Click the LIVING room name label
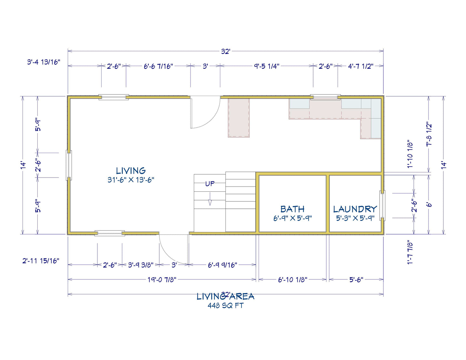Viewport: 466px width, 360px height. [131, 171]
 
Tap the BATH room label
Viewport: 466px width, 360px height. [292, 209]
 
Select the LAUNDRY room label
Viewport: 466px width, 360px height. [355, 209]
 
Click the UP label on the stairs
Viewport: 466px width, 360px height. [210, 184]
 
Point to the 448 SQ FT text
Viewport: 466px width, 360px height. [226, 306]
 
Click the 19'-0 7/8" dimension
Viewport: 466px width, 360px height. [162, 280]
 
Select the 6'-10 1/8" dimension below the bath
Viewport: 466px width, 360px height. [292, 280]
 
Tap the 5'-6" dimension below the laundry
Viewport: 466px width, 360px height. [356, 280]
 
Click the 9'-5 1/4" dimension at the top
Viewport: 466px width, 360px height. [267, 66]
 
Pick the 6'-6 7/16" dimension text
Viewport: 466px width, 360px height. [158, 66]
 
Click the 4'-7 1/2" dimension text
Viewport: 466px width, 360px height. [361, 66]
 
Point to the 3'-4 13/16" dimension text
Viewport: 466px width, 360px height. [44, 62]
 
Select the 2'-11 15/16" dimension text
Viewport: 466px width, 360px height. [41, 261]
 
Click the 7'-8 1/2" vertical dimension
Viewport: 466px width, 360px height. [429, 135]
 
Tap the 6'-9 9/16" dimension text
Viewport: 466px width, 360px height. [223, 265]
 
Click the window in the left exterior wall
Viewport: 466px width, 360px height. [69, 165]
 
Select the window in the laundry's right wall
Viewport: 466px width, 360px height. [382, 206]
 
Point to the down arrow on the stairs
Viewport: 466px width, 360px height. [210, 199]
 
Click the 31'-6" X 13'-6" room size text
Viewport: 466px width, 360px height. [131, 180]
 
